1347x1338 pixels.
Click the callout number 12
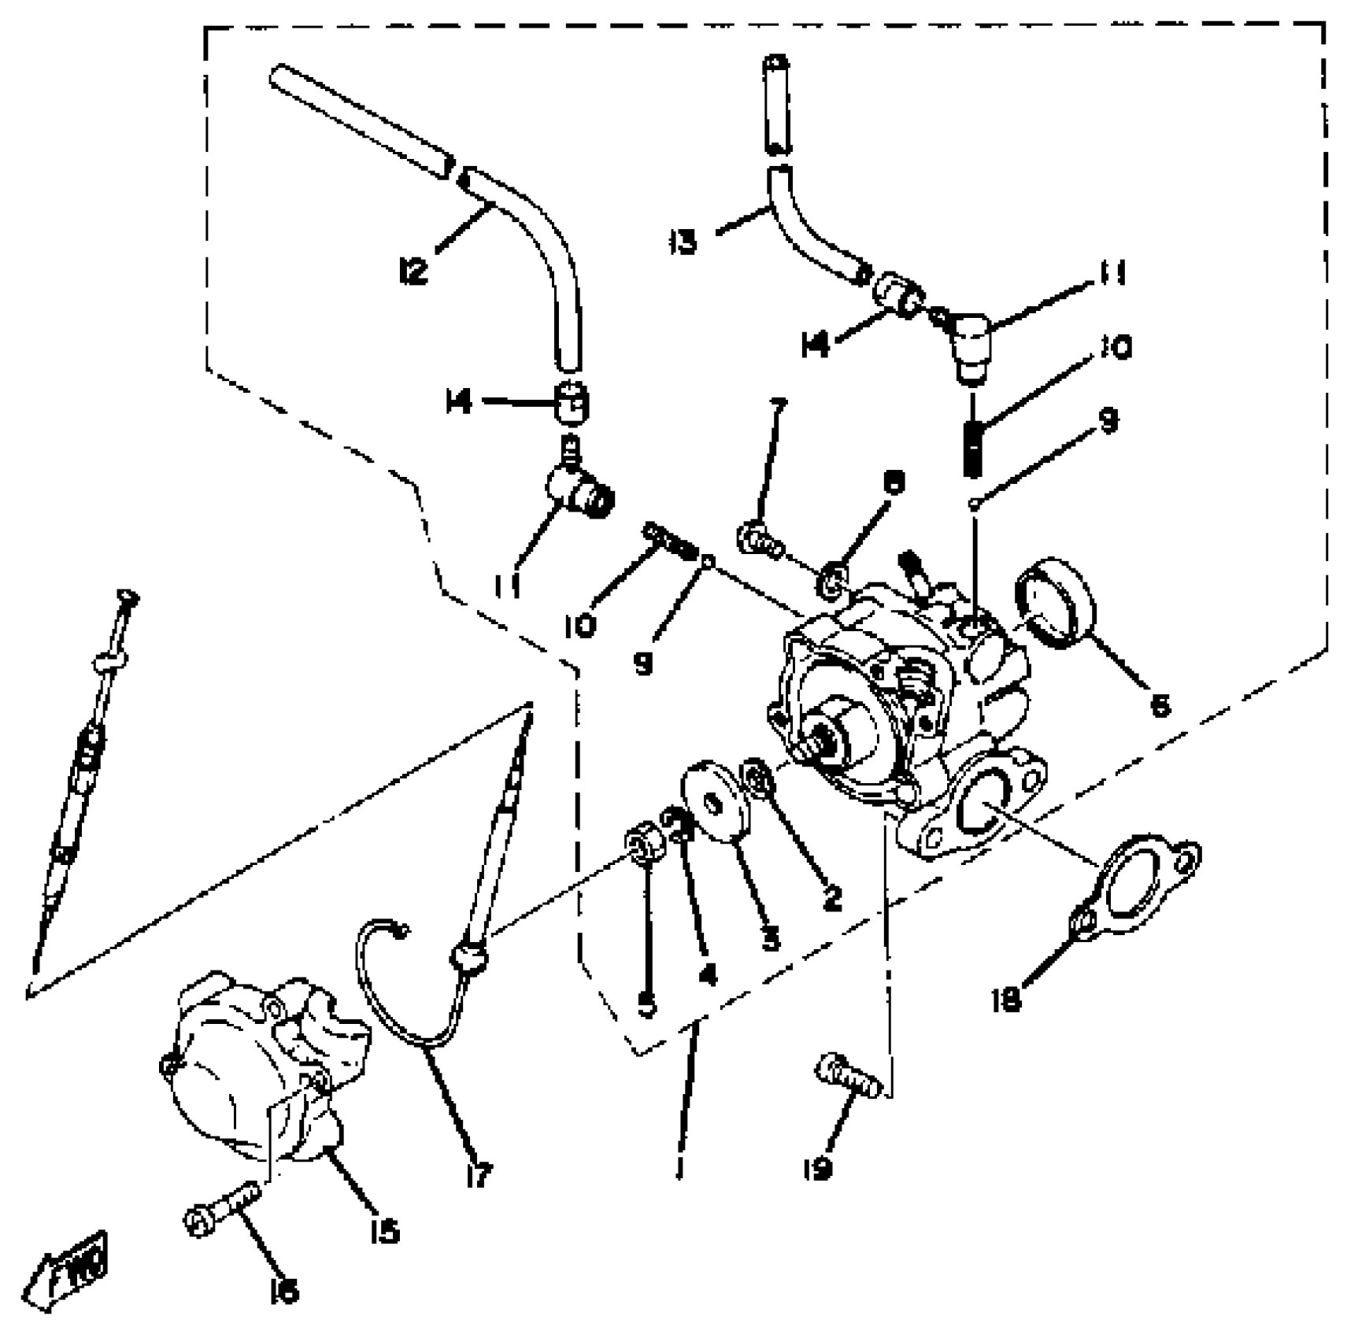point(413,272)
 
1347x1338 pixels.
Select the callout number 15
point(383,1231)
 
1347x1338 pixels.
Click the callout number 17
point(478,1174)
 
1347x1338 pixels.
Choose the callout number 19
point(818,1170)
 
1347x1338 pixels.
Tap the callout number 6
point(1159,705)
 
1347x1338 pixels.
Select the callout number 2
point(832,897)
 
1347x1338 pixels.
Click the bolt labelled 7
point(758,541)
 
